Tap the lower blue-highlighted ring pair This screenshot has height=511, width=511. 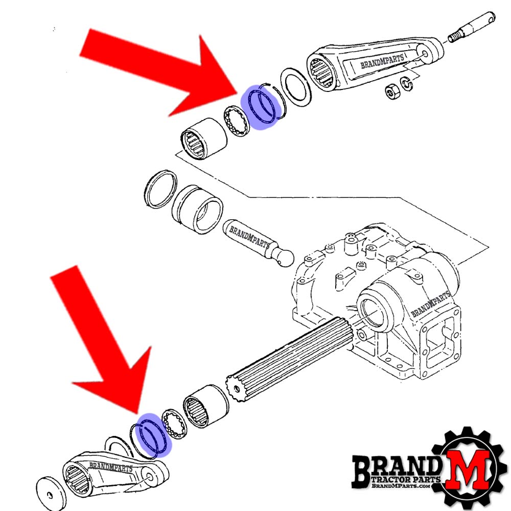(153, 434)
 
